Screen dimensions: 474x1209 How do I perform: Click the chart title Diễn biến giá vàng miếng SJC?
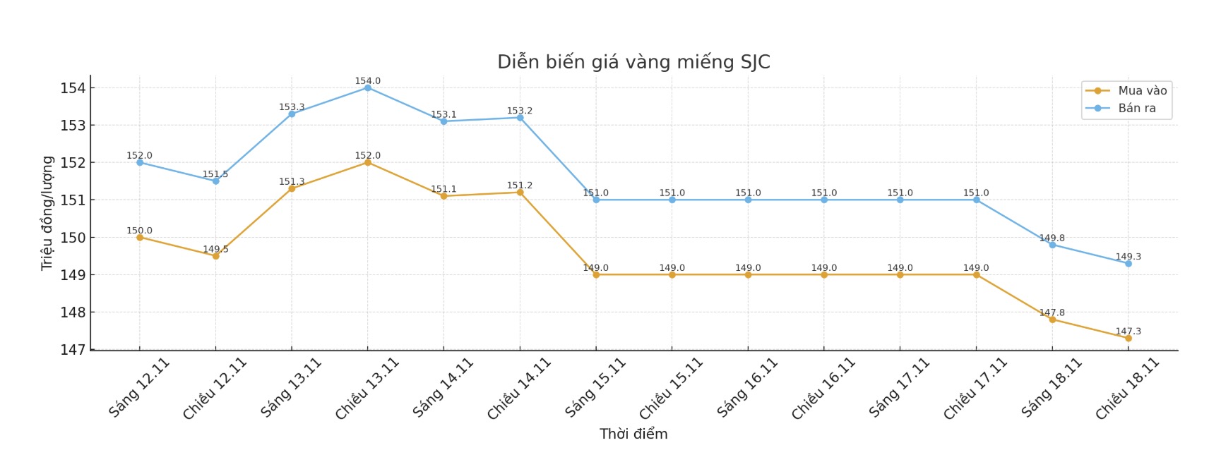633,62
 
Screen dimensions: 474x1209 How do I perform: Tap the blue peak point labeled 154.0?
368,87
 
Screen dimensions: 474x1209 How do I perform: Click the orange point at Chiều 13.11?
368,162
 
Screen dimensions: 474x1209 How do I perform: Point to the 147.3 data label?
1128,331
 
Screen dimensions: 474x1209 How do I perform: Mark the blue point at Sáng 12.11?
140,162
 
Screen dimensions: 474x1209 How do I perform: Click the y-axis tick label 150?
73,238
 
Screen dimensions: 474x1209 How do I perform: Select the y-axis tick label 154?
73,88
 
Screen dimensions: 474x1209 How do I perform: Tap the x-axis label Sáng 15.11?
595,387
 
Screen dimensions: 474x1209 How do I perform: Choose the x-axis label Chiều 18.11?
1127,389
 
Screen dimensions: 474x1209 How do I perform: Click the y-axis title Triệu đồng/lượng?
47,213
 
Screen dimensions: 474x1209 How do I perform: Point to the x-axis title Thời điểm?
633,434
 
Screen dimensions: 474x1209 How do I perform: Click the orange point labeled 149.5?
215,256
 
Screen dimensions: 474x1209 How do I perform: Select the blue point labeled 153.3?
292,114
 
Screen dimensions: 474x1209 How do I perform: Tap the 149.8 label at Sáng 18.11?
1052,238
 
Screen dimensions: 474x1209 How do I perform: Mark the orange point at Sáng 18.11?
1052,320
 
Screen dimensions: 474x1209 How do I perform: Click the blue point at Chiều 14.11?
520,118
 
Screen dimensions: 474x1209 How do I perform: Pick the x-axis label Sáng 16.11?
747,387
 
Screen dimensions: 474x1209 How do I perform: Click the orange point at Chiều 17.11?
976,274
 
